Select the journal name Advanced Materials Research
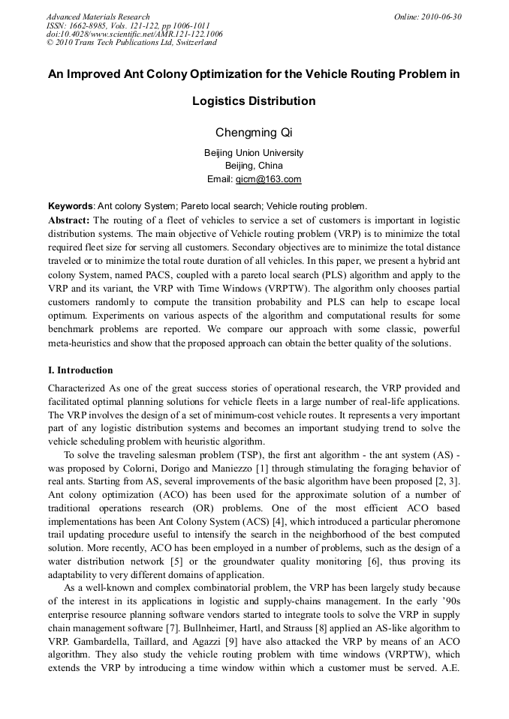pyautogui.click(x=98, y=16)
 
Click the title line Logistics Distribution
pyautogui.click(x=254, y=100)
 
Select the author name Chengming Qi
pyautogui.click(x=254, y=133)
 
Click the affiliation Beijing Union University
pyautogui.click(x=254, y=153)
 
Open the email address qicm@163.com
pyautogui.click(x=268, y=179)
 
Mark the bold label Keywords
pyautogui.click(x=71, y=205)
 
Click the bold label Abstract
pyautogui.click(x=68, y=220)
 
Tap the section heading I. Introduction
pyautogui.click(x=80, y=370)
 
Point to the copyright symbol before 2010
pyautogui.click(x=50, y=43)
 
